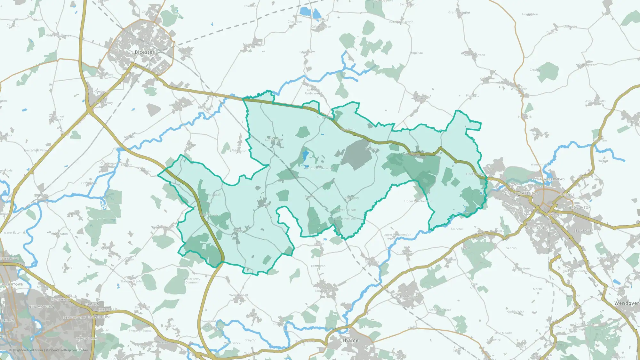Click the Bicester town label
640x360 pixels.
pyautogui.click(x=145, y=52)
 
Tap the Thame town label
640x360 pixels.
pyautogui.click(x=350, y=340)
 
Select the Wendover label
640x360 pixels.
pyautogui.click(x=626, y=303)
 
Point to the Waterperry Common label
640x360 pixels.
pyautogui.click(x=192, y=281)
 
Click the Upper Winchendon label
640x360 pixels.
pyautogui.click(x=418, y=201)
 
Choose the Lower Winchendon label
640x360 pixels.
pyautogui.click(x=397, y=235)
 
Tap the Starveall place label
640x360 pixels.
pyautogui.click(x=457, y=229)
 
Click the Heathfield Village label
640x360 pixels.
pyautogui.click(x=37, y=150)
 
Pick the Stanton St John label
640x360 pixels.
pyautogui.click(x=132, y=281)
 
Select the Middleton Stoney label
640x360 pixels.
pyautogui.click(x=58, y=36)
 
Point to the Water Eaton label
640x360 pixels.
pyautogui.click(x=12, y=233)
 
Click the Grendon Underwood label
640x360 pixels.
pyautogui.click(x=313, y=92)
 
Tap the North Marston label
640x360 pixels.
pyautogui.click(x=474, y=55)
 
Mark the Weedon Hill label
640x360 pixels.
pyautogui.click(x=540, y=164)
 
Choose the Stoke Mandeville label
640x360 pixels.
pyautogui.click(x=575, y=271)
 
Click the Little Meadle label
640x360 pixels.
pyautogui.click(x=503, y=333)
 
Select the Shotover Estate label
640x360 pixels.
pyautogui.click(x=140, y=331)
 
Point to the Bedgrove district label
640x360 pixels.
pyautogui.click(x=583, y=230)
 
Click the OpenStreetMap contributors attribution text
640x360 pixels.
pyautogui.click(x=68, y=350)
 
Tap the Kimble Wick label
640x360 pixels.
pyautogui.click(x=515, y=311)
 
